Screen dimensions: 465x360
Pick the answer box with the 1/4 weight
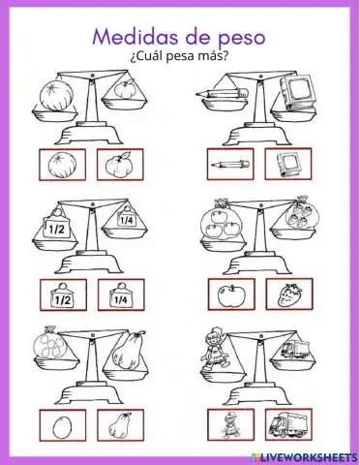click(x=121, y=294)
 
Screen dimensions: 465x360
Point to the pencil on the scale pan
click(x=218, y=94)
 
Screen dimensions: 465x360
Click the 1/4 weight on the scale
click(x=125, y=219)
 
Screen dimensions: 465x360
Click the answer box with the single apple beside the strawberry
click(x=230, y=294)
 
